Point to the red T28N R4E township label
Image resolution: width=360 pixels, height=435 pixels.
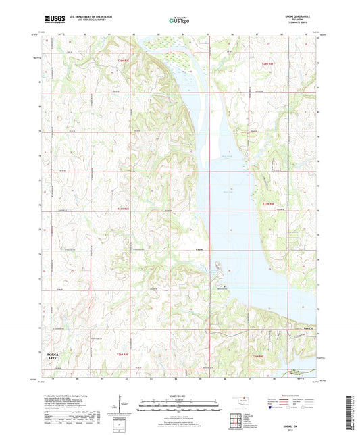(268, 63)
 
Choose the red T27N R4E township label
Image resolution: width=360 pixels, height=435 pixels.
(268, 203)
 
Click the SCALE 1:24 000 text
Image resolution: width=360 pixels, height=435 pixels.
(180, 396)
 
